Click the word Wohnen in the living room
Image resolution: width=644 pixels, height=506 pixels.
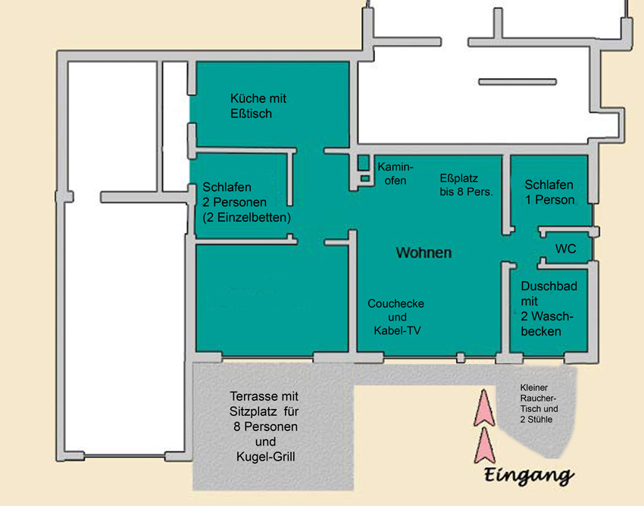point(424,252)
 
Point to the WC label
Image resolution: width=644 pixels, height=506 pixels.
point(565,248)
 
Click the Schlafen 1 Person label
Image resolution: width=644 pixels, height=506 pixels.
point(549,192)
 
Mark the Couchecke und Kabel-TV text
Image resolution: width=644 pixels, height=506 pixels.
point(395,317)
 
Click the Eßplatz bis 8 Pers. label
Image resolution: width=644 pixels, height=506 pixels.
point(466,185)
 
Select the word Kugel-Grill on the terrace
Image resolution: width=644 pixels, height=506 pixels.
point(265,458)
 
